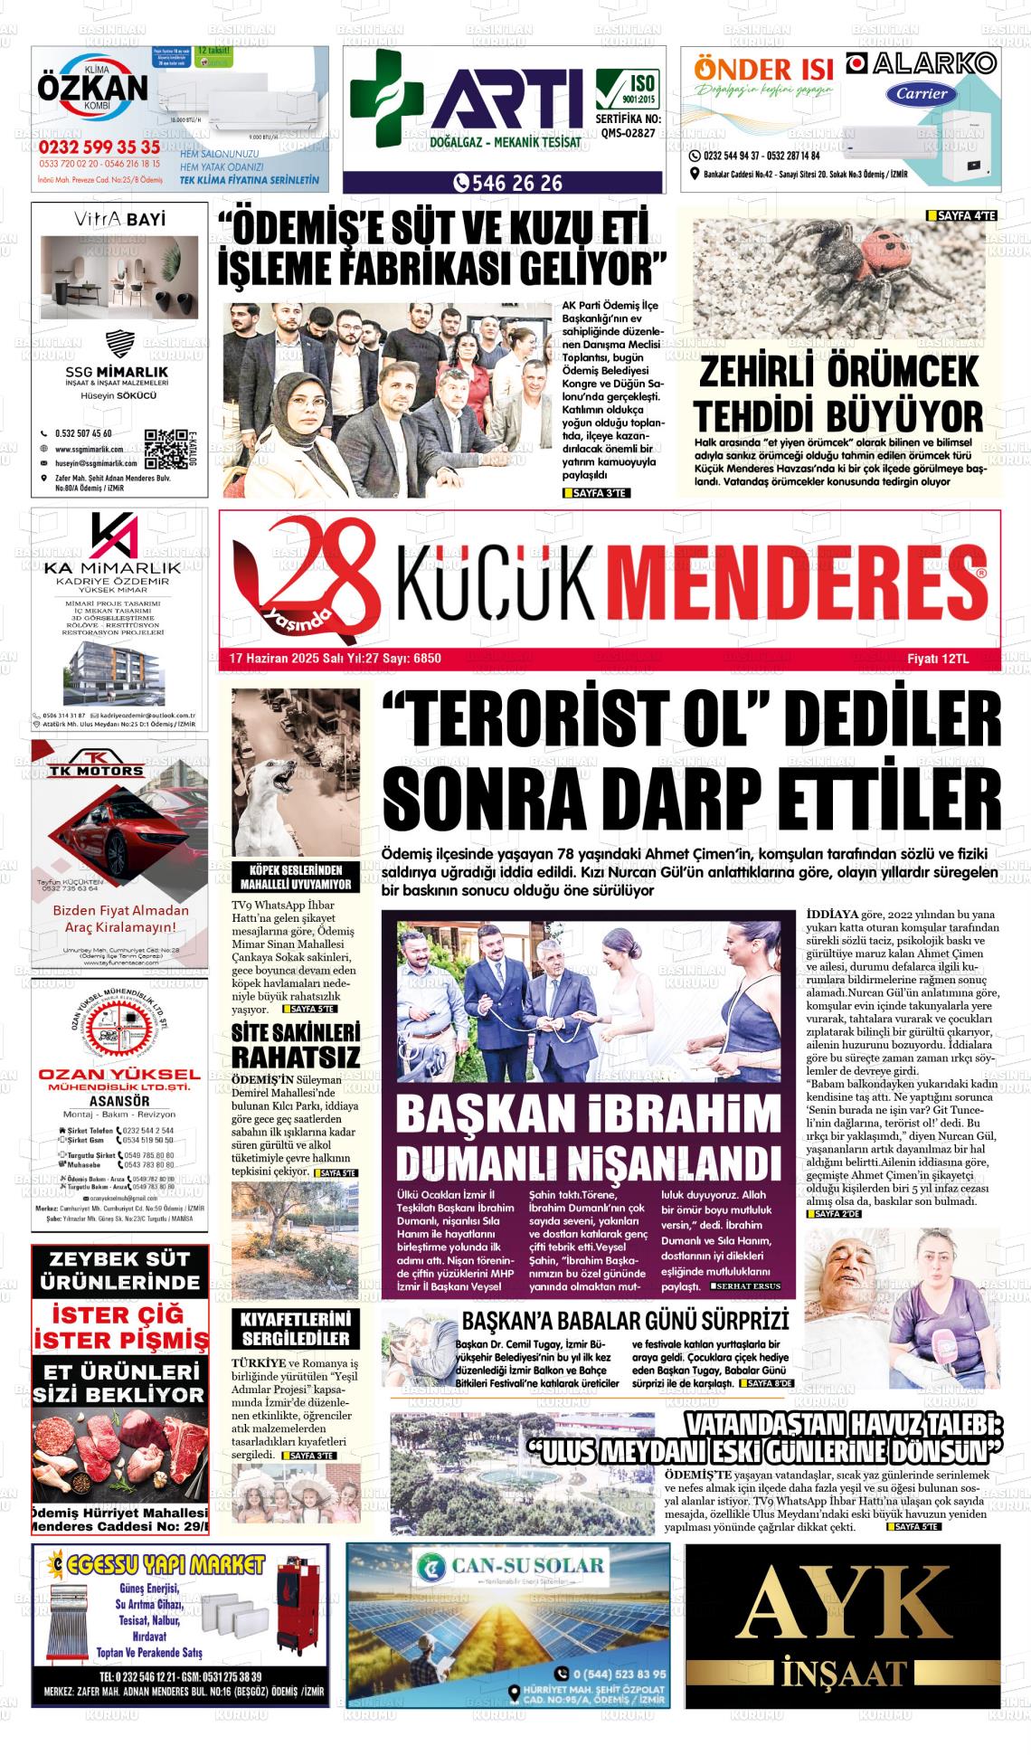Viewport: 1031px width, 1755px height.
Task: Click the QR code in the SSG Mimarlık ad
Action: [164, 446]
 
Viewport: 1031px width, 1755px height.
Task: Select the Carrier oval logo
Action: [921, 93]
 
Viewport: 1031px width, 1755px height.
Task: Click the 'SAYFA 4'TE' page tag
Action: [961, 216]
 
